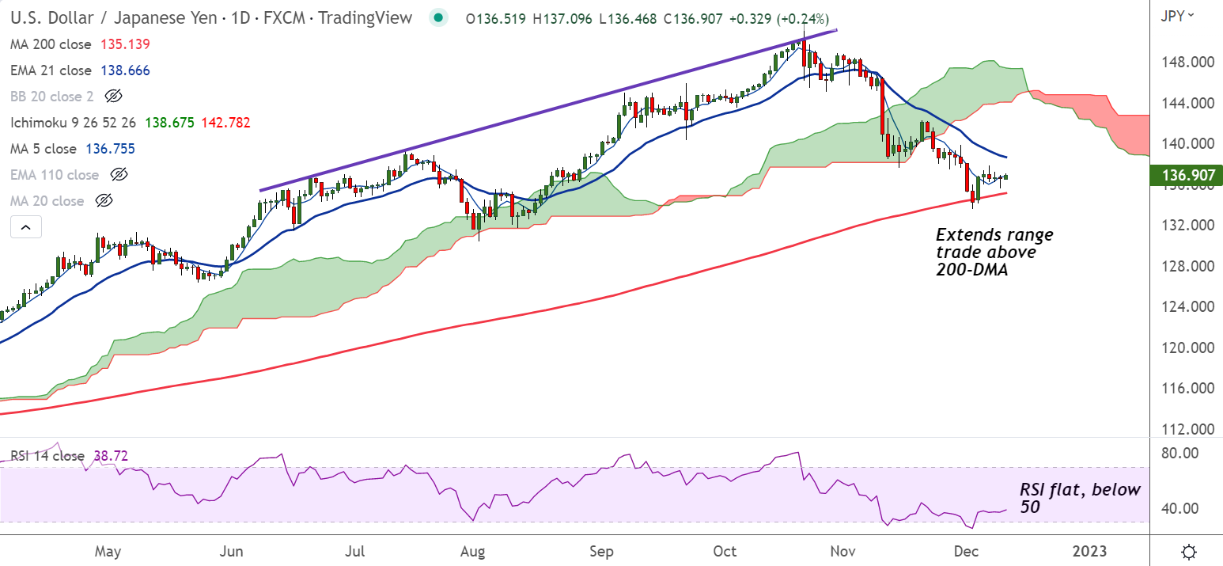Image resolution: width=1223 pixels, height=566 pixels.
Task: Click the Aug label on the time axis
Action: tap(472, 550)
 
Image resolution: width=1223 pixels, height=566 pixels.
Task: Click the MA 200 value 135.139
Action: tap(125, 44)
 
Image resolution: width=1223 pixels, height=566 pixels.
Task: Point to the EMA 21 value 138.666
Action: tap(125, 70)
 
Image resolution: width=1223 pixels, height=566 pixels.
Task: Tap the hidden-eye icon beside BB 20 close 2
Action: tap(113, 97)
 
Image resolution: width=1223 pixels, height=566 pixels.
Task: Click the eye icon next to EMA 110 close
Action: tap(119, 175)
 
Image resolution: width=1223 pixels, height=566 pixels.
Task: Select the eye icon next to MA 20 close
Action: tap(104, 201)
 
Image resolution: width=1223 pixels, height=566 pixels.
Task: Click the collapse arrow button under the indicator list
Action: tap(25, 228)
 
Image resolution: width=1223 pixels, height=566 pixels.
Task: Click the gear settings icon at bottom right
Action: tap(1188, 551)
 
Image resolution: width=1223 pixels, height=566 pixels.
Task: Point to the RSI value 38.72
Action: tap(111, 456)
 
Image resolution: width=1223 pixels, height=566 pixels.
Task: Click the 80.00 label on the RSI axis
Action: tap(1177, 454)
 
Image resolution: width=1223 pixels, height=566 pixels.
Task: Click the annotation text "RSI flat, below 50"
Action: tap(1079, 498)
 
